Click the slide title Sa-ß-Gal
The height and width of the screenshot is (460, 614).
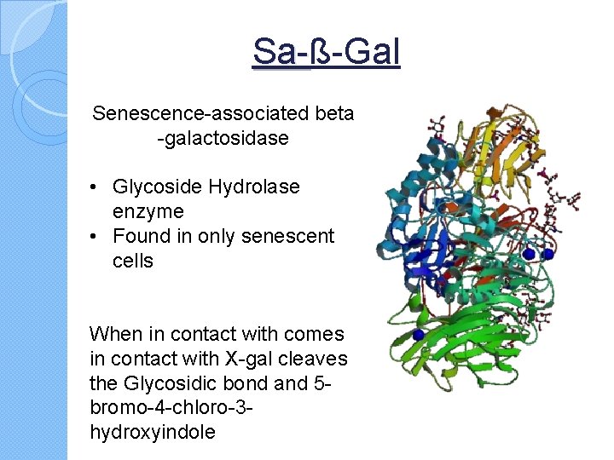[x=327, y=52]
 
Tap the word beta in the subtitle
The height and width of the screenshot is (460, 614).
[x=336, y=113]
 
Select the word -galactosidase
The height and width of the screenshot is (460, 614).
[x=223, y=137]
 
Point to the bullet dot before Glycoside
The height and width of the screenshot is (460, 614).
[x=99, y=187]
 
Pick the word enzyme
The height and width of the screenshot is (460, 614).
[x=148, y=210]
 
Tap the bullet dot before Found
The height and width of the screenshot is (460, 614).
[x=99, y=236]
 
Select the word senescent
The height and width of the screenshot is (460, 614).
[x=293, y=236]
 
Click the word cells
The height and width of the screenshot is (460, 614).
[x=132, y=260]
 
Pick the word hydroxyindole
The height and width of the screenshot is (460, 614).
[x=152, y=432]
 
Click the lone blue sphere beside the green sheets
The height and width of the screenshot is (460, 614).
[x=418, y=335]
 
